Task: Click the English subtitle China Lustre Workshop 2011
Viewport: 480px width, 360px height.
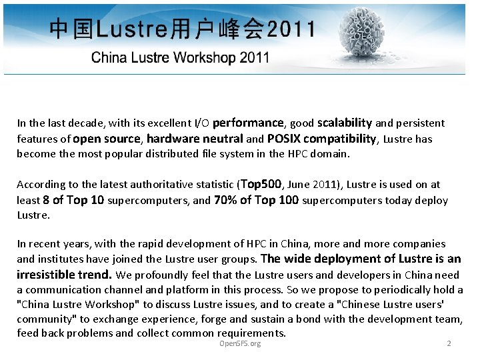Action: click(x=180, y=57)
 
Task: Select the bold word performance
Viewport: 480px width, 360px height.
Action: click(x=249, y=123)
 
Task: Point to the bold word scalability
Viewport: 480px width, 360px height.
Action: click(x=345, y=123)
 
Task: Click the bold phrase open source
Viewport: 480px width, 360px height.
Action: click(x=107, y=139)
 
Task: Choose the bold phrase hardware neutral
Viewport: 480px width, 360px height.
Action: click(x=195, y=139)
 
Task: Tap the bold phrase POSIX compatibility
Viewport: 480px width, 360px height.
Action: click(x=322, y=139)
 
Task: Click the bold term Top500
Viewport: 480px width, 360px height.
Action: click(x=261, y=184)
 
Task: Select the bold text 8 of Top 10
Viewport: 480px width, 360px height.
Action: click(x=73, y=200)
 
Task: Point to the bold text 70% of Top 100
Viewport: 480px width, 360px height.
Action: click(x=256, y=200)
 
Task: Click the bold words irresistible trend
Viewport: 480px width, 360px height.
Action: click(x=64, y=274)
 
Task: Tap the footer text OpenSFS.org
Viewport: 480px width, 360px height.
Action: click(x=240, y=343)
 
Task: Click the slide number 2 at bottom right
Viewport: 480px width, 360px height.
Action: click(x=449, y=343)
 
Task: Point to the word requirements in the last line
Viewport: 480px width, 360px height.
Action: click(x=250, y=333)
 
